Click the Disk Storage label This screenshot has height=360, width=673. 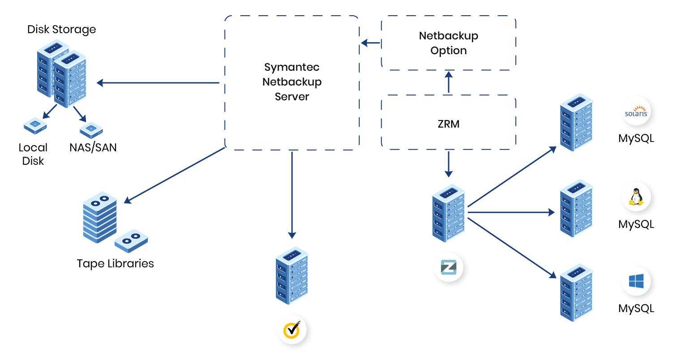pyautogui.click(x=61, y=30)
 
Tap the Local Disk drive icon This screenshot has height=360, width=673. pyautogui.click(x=35, y=126)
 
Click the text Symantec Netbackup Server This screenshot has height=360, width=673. pyautogui.click(x=292, y=82)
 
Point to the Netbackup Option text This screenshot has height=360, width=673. pyautogui.click(x=449, y=43)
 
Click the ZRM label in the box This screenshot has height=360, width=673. pyautogui.click(x=449, y=124)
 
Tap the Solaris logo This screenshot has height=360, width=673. pyautogui.click(x=636, y=113)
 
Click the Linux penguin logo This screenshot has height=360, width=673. pyautogui.click(x=636, y=197)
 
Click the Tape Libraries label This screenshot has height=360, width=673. pyautogui.click(x=115, y=263)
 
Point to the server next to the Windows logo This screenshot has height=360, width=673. pyautogui.click(x=576, y=292)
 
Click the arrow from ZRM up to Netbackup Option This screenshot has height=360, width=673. pyautogui.click(x=449, y=83)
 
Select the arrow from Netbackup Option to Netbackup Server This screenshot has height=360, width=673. pyautogui.click(x=371, y=43)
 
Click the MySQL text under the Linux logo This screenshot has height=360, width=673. pyautogui.click(x=636, y=223)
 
